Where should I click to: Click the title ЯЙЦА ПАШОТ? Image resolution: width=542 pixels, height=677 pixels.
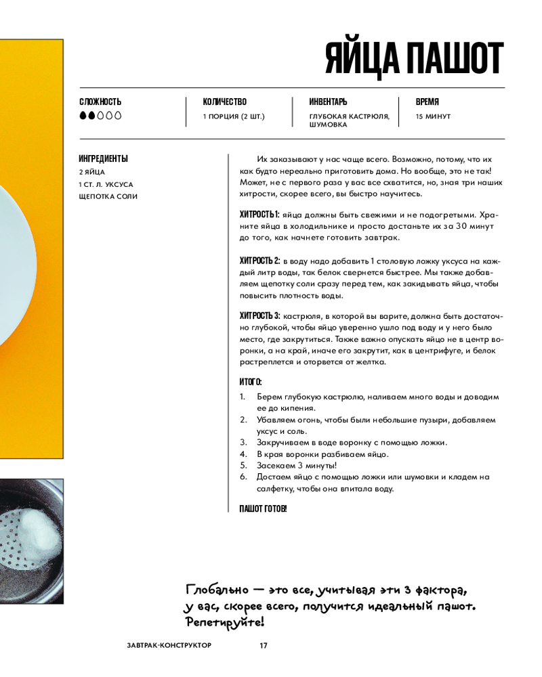pos(414,59)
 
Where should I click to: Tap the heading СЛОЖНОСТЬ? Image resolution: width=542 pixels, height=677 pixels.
pos(100,102)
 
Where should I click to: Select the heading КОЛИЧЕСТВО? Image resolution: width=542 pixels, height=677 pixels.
pos(224,102)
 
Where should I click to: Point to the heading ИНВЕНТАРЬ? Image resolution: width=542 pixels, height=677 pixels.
pos(328,102)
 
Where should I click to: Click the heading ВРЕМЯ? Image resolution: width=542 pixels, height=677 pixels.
pos(428,102)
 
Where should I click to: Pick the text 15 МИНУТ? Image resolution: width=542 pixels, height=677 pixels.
pos(433,116)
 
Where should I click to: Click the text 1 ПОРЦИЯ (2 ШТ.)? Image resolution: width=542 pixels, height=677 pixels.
pos(234,116)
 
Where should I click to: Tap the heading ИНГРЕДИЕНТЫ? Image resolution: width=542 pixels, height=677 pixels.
pos(103,159)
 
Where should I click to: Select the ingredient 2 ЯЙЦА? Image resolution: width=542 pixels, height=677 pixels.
pos(91,172)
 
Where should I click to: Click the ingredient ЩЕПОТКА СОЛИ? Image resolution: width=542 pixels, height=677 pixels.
pos(108,196)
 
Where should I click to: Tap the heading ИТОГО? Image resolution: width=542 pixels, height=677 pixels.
pos(251,383)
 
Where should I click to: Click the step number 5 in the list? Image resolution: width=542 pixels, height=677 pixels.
pos(243,466)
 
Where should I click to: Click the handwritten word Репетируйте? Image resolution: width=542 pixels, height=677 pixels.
pos(224,621)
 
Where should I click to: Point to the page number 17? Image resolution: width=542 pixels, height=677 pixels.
pos(264,645)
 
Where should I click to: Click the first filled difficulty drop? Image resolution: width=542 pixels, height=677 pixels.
pos(83,116)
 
